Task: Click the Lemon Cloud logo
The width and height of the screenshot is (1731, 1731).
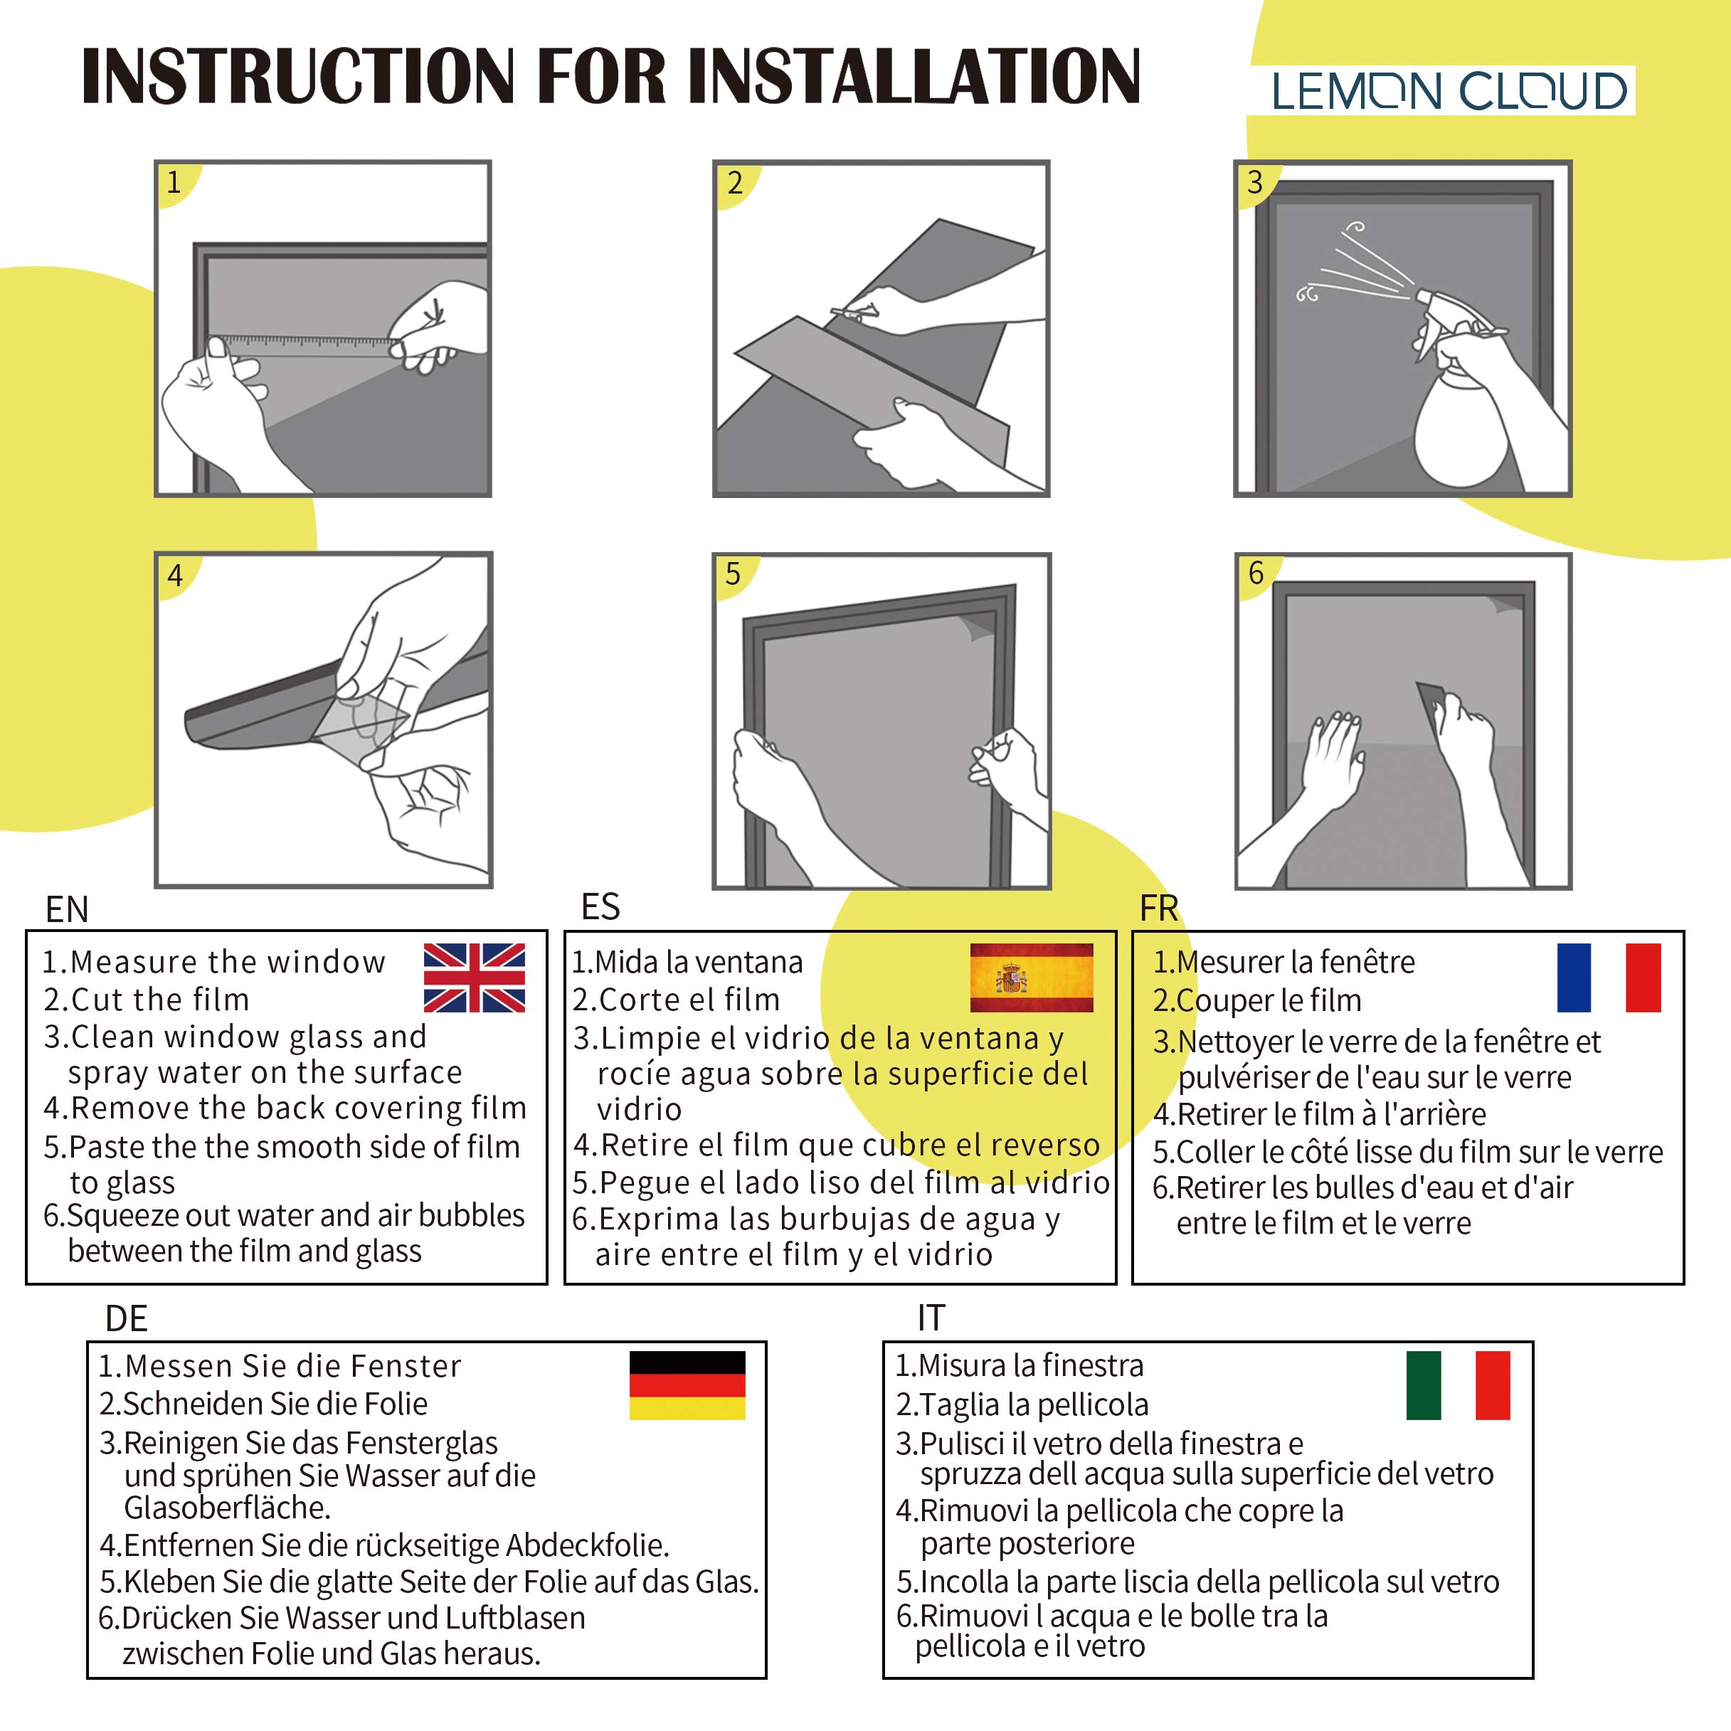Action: click(x=1449, y=90)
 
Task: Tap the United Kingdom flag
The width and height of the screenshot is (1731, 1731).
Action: click(x=474, y=978)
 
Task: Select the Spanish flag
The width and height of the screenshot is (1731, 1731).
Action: click(x=1031, y=978)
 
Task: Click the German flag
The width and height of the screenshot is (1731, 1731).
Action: click(x=687, y=1385)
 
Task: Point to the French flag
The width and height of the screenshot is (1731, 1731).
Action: click(x=1609, y=978)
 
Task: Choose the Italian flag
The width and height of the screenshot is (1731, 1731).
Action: click(x=1459, y=1385)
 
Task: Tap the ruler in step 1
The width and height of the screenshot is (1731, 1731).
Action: click(x=305, y=346)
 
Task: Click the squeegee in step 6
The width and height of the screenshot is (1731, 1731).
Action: click(x=1431, y=704)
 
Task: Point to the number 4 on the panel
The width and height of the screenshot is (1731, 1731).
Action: click(x=175, y=575)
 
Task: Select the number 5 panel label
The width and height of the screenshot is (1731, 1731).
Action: click(x=733, y=574)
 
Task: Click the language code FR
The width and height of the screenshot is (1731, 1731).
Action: click(x=1158, y=909)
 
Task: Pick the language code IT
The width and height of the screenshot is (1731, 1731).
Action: click(x=931, y=1318)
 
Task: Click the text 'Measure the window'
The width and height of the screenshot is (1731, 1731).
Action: click(x=228, y=963)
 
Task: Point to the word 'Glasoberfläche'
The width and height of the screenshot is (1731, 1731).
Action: click(x=228, y=1508)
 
